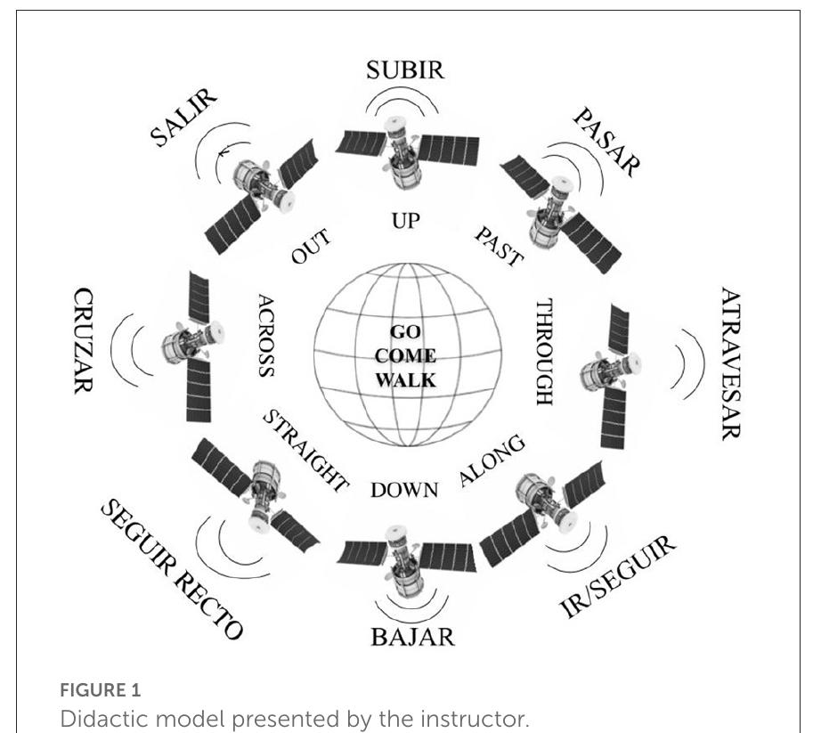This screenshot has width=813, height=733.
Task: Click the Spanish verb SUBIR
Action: [x=404, y=71]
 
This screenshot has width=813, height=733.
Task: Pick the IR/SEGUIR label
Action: [x=617, y=578]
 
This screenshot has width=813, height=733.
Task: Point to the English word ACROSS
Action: [x=265, y=335]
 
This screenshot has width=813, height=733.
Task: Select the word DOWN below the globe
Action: [x=404, y=490]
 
